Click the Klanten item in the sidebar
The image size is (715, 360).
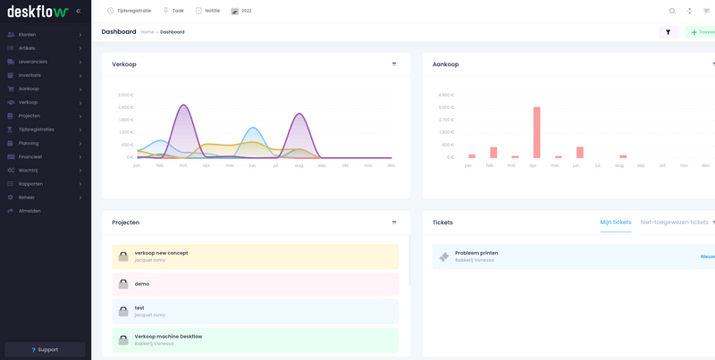[x=28, y=34]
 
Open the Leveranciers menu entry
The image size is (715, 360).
[x=33, y=62]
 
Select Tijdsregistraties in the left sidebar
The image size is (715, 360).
[x=37, y=130]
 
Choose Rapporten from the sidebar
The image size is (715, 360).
[x=30, y=183]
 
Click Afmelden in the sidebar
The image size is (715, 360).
[x=29, y=211]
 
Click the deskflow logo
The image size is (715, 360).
[x=37, y=11]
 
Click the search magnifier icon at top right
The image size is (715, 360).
[x=672, y=11]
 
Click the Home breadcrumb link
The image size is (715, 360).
[x=147, y=32]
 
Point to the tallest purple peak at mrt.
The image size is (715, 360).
[x=183, y=105]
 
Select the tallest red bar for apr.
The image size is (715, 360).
[x=536, y=132]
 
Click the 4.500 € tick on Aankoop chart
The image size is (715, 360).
[x=445, y=95]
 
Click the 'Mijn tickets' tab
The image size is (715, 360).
[x=615, y=222]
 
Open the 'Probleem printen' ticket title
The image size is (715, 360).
[x=476, y=253]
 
